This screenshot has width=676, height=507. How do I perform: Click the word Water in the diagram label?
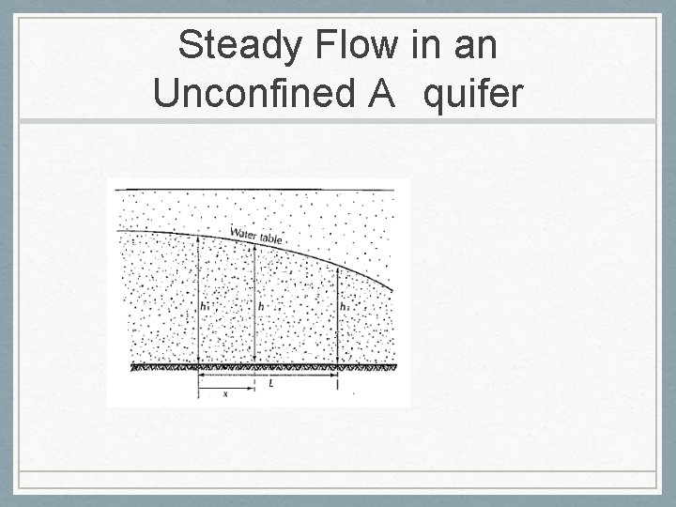pos(245,234)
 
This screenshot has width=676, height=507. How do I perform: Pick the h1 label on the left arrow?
pos(206,306)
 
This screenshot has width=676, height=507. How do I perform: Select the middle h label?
pos(260,307)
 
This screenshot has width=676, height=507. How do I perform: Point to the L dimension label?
pos(270,382)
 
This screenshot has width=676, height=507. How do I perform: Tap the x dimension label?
pos(224,394)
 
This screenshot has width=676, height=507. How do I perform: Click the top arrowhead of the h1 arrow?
pos(199,238)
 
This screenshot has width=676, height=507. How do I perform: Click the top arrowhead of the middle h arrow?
pos(254,246)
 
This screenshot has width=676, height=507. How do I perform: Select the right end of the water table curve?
pos(392,289)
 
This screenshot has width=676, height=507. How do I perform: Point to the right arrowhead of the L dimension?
pos(335,376)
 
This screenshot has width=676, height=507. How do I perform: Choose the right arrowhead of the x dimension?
pos(253,388)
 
